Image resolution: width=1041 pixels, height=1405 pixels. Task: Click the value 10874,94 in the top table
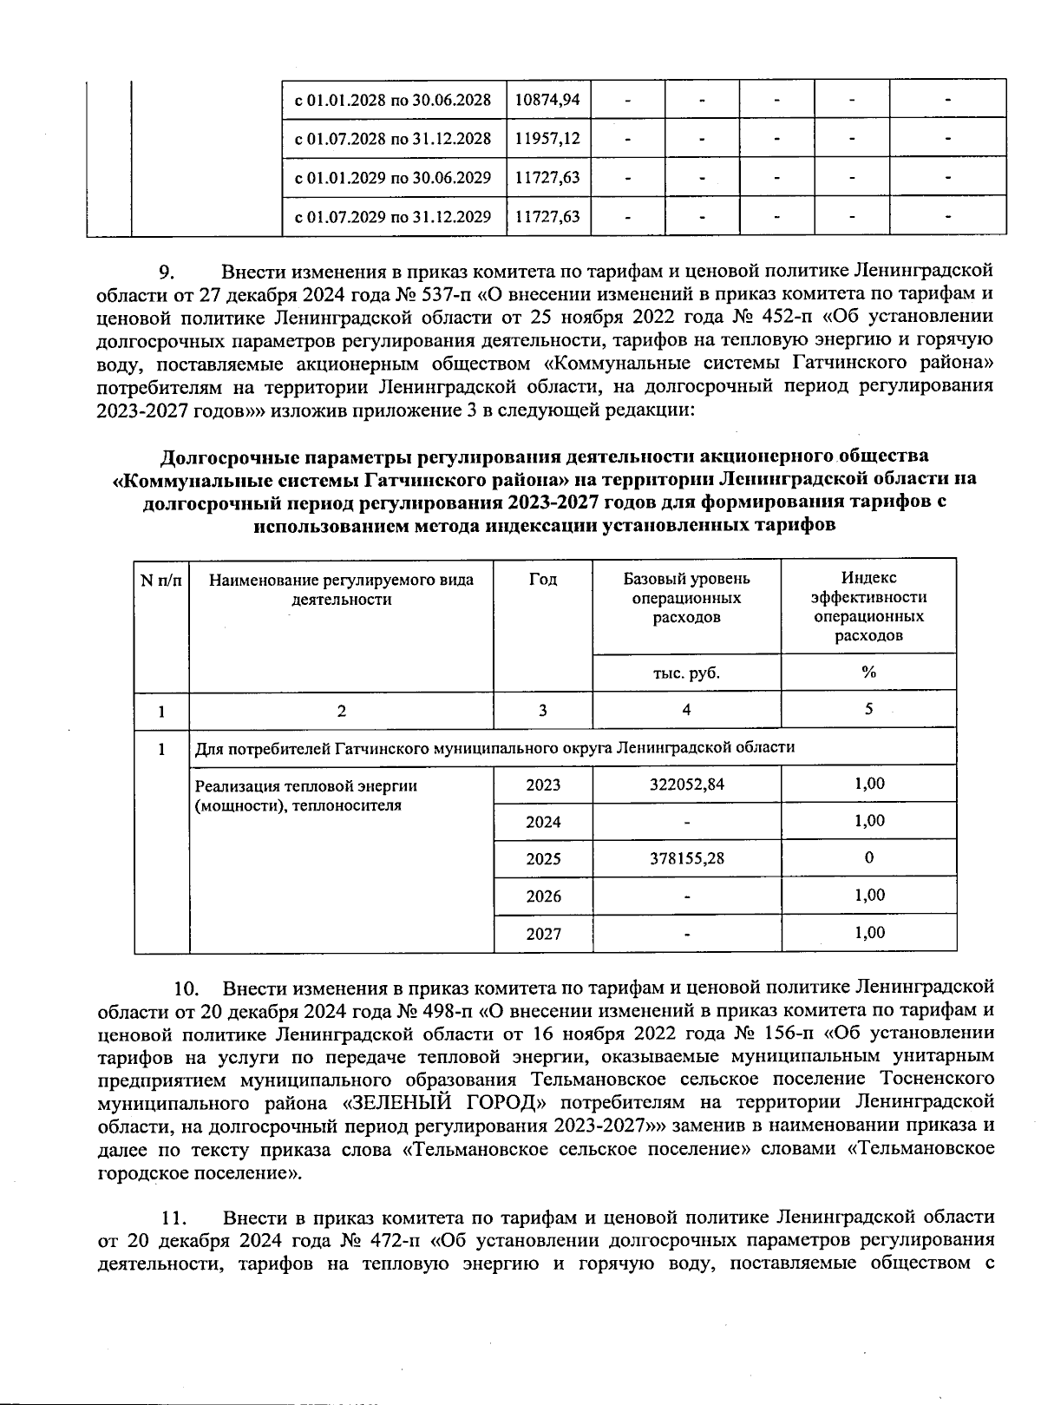pos(547,99)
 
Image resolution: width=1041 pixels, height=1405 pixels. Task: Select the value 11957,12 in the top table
pos(547,138)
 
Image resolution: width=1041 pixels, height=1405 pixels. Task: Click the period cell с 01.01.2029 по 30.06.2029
pos(393,178)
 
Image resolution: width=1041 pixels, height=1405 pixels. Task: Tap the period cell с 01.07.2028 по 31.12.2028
pos(393,138)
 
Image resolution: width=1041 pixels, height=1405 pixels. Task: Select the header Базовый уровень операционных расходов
pos(686,598)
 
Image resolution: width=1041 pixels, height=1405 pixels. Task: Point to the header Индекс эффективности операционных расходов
pos(868,607)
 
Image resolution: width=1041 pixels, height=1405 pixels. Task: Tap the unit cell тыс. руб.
pos(686,673)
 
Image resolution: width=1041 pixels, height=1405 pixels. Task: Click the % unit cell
pos(868,673)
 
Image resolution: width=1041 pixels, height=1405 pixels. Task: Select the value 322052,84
pos(686,785)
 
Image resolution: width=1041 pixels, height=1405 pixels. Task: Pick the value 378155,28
pos(686,859)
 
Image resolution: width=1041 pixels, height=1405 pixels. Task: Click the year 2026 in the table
pos(543,896)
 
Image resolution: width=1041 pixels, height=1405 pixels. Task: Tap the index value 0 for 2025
pos(869,858)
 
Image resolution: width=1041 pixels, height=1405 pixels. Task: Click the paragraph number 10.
pos(187,989)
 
